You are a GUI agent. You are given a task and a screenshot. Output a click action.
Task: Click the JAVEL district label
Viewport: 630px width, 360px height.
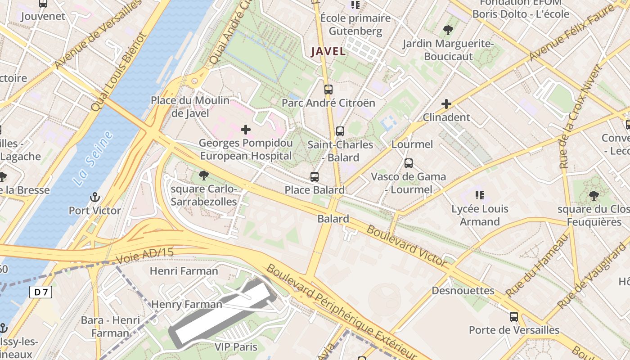pos(328,51)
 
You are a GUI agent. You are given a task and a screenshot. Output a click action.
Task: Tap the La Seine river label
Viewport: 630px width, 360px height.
pos(92,159)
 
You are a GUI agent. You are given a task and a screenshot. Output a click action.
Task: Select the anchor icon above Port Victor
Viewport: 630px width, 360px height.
pos(94,197)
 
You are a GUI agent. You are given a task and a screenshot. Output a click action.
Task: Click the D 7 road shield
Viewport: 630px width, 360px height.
pos(41,292)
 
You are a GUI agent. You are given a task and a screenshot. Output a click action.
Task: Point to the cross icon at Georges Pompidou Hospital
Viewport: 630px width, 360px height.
pos(246,130)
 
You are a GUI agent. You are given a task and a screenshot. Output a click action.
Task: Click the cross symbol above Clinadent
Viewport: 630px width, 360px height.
pos(446,104)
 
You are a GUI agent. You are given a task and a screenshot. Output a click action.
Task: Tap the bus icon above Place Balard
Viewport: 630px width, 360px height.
pos(315,177)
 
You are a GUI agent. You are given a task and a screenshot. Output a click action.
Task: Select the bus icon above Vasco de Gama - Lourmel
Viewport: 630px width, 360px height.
pos(409,163)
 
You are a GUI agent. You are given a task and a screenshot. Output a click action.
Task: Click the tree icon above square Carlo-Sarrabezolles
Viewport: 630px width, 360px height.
pos(204,175)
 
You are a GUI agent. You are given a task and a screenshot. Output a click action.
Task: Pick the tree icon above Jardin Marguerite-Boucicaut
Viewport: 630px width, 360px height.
pos(448,30)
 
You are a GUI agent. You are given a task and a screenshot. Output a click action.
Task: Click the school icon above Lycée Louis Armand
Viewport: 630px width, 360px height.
pos(480,195)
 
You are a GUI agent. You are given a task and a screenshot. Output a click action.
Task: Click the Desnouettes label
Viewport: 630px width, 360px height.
pos(463,291)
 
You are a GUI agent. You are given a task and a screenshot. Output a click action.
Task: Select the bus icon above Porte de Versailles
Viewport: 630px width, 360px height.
pos(514,316)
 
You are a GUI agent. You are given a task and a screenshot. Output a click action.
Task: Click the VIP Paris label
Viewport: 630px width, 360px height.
pos(236,347)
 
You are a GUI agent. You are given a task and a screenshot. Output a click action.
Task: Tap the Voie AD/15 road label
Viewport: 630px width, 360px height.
pos(144,256)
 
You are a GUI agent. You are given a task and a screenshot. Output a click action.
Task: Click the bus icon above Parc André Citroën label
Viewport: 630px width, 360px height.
pos(328,89)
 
